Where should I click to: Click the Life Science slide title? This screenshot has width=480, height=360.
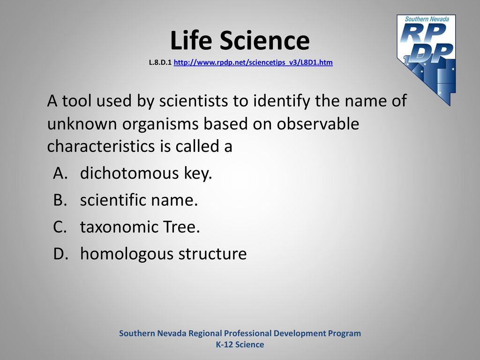click(240, 40)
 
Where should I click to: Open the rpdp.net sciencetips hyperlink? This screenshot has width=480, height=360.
click(253, 62)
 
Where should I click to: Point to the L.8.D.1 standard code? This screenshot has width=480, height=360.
click(160, 62)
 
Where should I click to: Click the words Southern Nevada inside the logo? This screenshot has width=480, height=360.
click(427, 19)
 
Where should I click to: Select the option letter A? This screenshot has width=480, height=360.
click(60, 173)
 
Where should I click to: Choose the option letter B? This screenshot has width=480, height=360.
click(60, 200)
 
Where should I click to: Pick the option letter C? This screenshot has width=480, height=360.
click(60, 227)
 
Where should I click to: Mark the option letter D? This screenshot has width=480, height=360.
click(60, 254)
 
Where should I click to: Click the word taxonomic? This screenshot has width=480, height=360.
click(119, 227)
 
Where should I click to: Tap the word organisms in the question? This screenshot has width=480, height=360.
click(160, 124)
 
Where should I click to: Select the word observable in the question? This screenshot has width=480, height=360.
click(318, 123)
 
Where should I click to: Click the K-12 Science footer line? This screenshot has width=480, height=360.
click(240, 345)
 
